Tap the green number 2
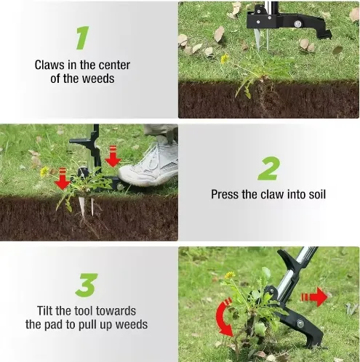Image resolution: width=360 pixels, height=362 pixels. coord(268,168)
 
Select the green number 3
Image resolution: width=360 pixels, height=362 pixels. coord(87,283)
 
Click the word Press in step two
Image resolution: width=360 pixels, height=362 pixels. coord(225,194)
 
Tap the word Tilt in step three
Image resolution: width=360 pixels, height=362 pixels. coord(48,310)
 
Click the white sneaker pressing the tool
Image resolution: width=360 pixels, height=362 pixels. coord(149,164)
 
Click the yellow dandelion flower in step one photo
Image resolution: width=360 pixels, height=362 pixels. coord(225,58)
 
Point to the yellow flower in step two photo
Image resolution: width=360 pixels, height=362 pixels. coord(44,172)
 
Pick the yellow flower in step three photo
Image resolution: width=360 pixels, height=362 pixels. coord(230,275)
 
